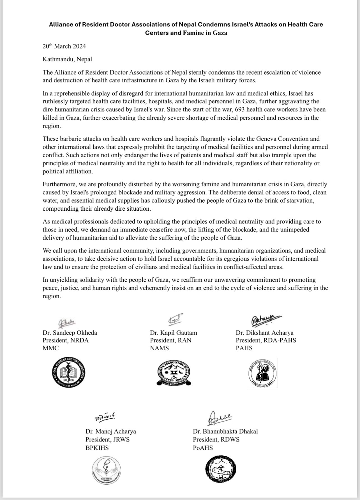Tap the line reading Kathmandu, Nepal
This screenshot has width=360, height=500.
coord(67,59)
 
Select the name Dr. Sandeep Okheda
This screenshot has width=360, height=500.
coord(70,333)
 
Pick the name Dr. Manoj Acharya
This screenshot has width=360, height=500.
coord(111,431)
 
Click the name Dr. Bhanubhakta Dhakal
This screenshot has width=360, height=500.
coord(225,431)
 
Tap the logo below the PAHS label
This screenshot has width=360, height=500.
coord(262,373)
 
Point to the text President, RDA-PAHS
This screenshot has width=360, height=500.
coord(266,340)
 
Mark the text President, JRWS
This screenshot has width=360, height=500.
coord(108,439)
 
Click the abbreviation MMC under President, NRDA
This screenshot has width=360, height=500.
coord(51,348)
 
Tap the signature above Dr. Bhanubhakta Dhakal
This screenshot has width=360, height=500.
coord(220,419)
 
